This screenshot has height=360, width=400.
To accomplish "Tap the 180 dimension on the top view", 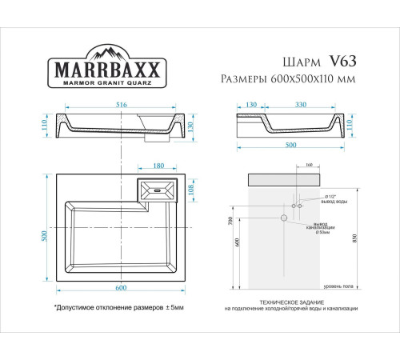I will (x=158, y=166).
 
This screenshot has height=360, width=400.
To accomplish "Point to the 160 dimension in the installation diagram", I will (x=287, y=166).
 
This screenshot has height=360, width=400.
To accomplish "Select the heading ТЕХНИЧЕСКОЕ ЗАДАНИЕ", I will (x=285, y=301).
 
